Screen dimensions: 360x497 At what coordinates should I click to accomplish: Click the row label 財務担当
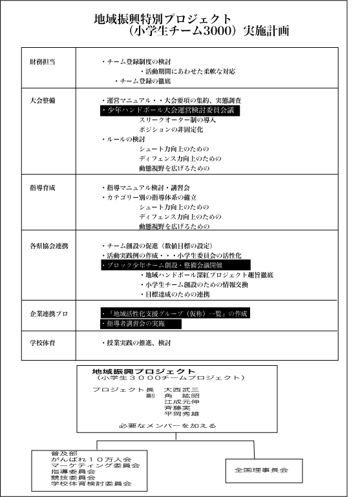point(43,62)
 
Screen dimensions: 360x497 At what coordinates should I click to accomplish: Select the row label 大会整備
point(43,100)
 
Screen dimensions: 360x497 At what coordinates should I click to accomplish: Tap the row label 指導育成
point(43,187)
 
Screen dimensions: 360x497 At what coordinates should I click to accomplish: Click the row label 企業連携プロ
point(49,314)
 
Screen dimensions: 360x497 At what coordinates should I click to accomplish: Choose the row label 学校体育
point(43,343)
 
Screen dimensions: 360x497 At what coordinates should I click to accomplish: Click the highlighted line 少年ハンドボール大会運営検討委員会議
point(170,111)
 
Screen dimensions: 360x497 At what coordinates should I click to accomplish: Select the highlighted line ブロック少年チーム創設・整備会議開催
point(176,265)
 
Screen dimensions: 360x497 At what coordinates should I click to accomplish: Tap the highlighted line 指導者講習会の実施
point(141,324)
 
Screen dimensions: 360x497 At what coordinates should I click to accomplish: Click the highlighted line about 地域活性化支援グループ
point(175,313)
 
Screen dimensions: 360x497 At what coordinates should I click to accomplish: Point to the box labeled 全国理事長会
point(264,471)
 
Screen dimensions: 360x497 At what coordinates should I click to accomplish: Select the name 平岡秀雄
point(182,414)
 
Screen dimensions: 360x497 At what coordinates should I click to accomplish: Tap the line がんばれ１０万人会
point(91,460)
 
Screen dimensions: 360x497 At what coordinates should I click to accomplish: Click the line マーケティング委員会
point(96,465)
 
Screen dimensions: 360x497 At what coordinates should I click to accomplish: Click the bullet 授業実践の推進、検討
point(136,343)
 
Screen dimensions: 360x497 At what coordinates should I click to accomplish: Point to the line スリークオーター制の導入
point(178,120)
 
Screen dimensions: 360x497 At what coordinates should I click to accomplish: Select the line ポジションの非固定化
point(171,130)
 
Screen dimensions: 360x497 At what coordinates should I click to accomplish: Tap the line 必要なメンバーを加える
point(167,426)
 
